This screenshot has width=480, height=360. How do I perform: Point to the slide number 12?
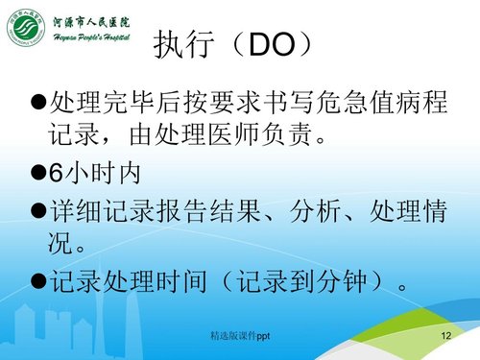[444, 338]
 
